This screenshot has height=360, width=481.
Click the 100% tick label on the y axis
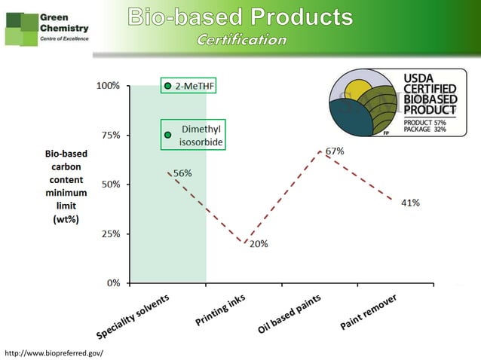pos(107,86)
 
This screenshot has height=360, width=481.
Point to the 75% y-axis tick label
pos(109,135)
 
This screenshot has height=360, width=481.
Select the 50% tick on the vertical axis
pos(109,185)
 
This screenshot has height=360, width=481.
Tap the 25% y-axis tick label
pos(109,233)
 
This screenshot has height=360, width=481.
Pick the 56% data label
pos(182,173)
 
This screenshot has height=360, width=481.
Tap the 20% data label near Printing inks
pos(258,244)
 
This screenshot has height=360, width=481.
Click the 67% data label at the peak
pos(335,151)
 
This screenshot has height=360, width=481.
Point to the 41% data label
pos(410,203)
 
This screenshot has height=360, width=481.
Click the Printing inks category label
pos(220,310)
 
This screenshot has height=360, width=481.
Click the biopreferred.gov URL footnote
pos(54,352)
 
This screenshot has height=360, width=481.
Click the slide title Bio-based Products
pos(240,17)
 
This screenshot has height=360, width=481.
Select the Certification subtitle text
pos(240,39)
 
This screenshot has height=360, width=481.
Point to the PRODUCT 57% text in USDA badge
pos(424,121)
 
